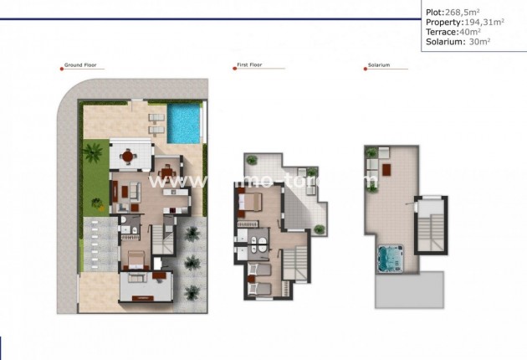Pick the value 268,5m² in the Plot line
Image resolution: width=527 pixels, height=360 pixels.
coord(463,13)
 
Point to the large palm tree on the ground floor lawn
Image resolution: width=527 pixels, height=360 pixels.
coord(93,154)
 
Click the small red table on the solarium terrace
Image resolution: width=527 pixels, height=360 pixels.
coord(386,178)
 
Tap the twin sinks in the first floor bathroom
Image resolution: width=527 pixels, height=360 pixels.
coord(259,244)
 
